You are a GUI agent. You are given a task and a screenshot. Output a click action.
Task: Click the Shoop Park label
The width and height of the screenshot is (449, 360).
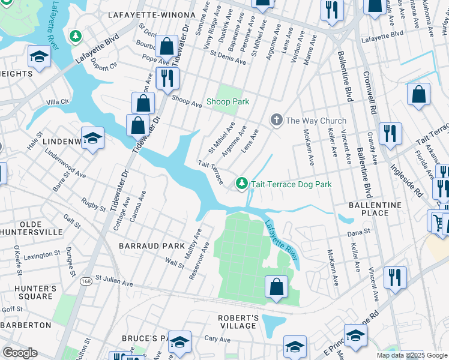pyautogui.click(x=228, y=102)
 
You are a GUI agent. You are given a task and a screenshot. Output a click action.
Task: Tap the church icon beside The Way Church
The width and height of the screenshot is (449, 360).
pyautogui.click(x=276, y=120)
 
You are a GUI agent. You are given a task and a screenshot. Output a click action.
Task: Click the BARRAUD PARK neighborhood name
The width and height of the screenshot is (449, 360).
pyautogui.click(x=143, y=246)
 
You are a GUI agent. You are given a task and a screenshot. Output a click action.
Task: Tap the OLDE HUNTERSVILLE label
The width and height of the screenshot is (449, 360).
pyautogui.click(x=31, y=228)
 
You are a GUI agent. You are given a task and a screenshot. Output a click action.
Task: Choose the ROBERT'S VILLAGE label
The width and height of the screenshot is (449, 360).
pyautogui.click(x=238, y=322)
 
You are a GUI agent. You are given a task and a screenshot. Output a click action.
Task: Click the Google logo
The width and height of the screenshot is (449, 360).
pyautogui.click(x=20, y=353)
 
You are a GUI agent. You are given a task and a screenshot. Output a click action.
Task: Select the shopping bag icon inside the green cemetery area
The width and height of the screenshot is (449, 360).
pyautogui.click(x=276, y=287)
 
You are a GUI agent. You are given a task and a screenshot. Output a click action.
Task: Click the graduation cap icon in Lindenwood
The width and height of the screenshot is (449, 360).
pyautogui.click(x=92, y=139)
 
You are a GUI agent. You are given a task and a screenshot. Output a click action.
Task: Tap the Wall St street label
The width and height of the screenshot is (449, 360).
pyautogui.click(x=175, y=262)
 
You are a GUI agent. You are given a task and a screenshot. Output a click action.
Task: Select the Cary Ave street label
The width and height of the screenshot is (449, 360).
pyautogui.click(x=217, y=339)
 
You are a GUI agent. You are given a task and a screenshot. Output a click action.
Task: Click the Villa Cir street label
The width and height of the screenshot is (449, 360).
pyautogui.click(x=58, y=102)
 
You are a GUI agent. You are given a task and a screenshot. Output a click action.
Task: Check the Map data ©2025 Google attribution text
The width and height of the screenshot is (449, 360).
pyautogui.click(x=411, y=355)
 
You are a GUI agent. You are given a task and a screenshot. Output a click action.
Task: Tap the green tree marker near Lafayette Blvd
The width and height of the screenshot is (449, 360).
pyautogui.click(x=76, y=37)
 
